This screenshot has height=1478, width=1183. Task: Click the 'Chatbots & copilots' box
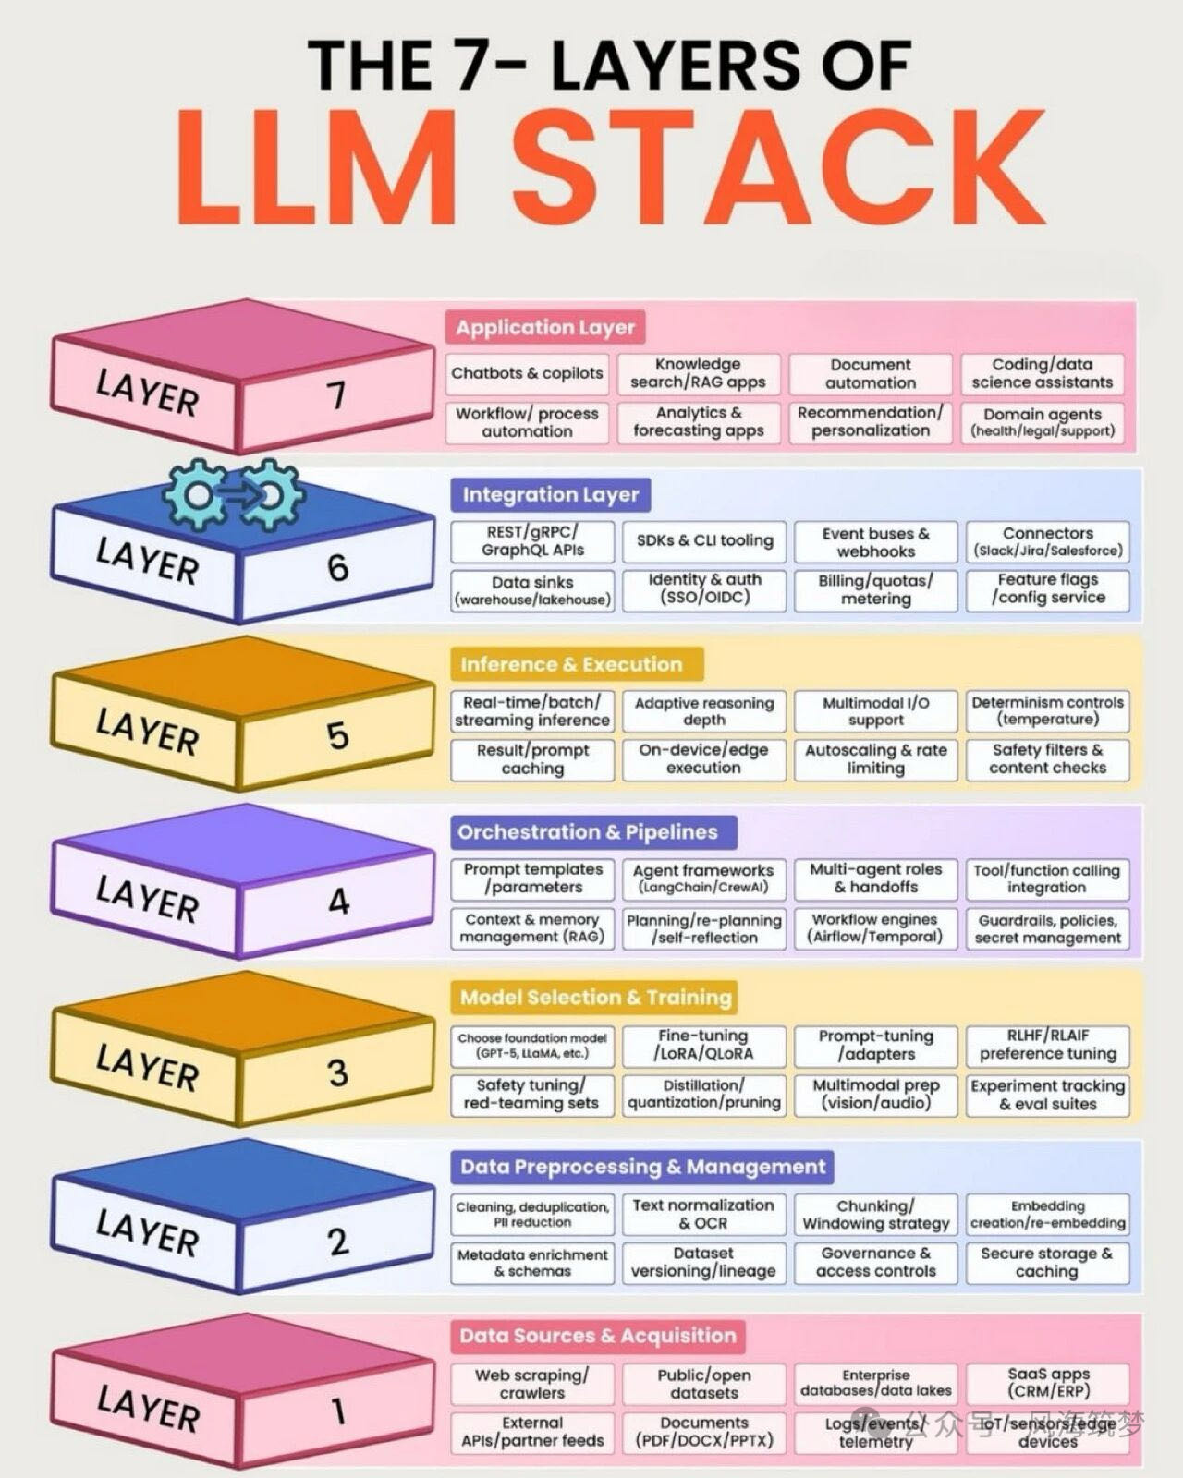pos(527,373)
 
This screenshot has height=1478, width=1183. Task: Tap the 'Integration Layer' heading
pos(551,494)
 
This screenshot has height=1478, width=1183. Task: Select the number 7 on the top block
pos(336,395)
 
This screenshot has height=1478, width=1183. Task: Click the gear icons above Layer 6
pos(234,495)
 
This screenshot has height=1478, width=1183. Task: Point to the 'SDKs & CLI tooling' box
pos(704,541)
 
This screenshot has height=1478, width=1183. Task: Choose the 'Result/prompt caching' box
pos(532,759)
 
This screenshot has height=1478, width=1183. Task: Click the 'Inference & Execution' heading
pos(571,664)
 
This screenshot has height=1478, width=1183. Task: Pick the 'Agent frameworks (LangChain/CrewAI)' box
pos(703,878)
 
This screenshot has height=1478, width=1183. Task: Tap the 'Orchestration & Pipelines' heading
pos(588,831)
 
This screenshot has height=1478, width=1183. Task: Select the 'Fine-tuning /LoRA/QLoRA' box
pos(703,1045)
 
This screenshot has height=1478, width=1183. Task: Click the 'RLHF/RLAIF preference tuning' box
pos(1047,1045)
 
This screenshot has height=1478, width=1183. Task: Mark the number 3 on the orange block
pos(338,1072)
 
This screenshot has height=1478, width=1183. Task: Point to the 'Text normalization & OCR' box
pos(703,1214)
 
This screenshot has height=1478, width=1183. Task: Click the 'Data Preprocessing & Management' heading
pos(642,1167)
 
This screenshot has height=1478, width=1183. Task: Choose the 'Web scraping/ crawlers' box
pos(532,1384)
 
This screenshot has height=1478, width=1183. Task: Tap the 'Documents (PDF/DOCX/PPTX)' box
pos(703,1432)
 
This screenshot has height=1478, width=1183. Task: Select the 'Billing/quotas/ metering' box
pos(875,589)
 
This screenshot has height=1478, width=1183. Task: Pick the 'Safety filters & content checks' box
pos(1047,759)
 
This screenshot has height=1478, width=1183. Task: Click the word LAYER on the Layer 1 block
pos(148,1409)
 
